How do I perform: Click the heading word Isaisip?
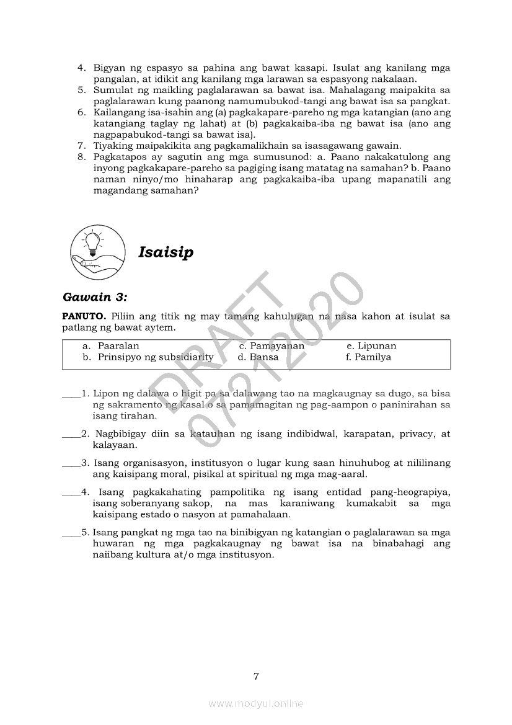(166, 252)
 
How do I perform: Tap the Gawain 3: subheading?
(94, 297)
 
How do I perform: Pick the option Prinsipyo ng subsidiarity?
(155, 357)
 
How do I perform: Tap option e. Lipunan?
(371, 346)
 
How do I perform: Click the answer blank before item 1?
(71, 394)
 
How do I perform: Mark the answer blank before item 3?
(71, 463)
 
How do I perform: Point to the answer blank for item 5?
(71, 533)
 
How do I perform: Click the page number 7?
(256, 676)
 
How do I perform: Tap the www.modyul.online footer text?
(256, 703)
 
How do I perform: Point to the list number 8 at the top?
(81, 158)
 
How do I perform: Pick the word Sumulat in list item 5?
(110, 91)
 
